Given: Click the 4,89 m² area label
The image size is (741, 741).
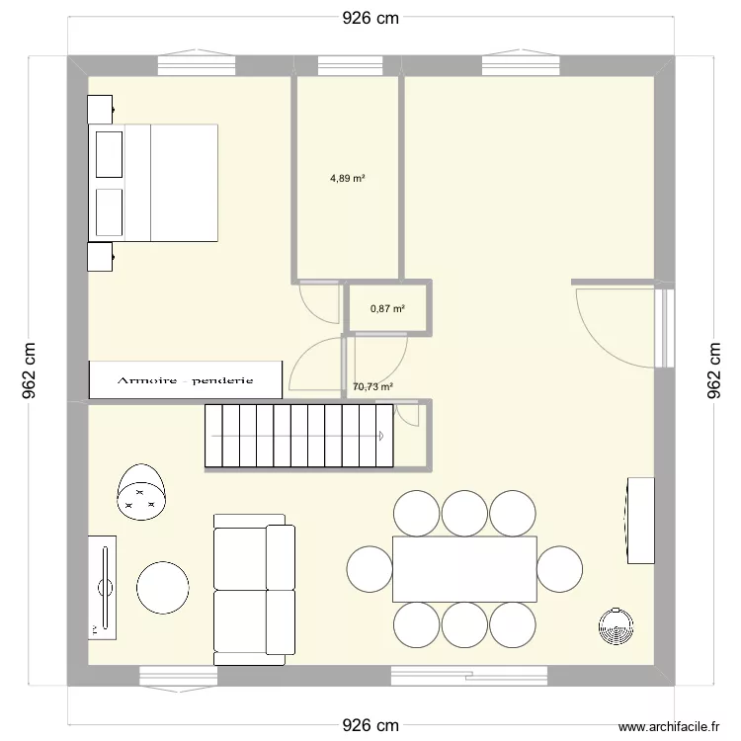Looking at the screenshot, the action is pyautogui.click(x=348, y=179).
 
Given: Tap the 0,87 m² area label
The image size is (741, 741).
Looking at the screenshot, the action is pyautogui.click(x=387, y=309).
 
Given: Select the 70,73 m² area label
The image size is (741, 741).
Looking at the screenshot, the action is pyautogui.click(x=372, y=387).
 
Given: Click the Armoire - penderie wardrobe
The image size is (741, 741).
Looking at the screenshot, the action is pyautogui.click(x=186, y=380).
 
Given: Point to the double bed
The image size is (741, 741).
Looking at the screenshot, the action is pyautogui.click(x=153, y=183).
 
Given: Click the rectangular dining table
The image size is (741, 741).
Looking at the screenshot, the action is pyautogui.click(x=464, y=569).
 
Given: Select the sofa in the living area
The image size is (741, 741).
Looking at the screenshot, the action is pyautogui.click(x=254, y=590).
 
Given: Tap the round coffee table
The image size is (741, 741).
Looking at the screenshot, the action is pyautogui.click(x=163, y=588).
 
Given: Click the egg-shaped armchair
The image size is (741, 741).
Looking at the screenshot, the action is pyautogui.click(x=141, y=491).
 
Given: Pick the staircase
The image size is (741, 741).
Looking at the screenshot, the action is pyautogui.click(x=299, y=436).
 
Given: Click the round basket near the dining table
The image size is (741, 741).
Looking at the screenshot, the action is pyautogui.click(x=616, y=625).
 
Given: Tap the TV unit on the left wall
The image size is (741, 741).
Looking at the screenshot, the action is pyautogui.click(x=102, y=588).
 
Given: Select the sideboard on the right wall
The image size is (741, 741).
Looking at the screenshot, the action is pyautogui.click(x=641, y=521).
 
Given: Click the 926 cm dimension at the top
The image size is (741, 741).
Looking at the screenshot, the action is pyautogui.click(x=370, y=18).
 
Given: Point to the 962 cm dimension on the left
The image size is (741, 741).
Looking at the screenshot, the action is pyautogui.click(x=29, y=370).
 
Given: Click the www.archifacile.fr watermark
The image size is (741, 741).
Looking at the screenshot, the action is pyautogui.click(x=669, y=726).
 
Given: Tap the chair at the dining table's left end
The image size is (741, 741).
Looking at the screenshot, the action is pyautogui.click(x=370, y=569).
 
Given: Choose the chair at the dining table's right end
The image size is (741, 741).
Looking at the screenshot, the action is pyautogui.click(x=559, y=569).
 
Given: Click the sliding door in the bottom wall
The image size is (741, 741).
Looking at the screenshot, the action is pyautogui.click(x=469, y=676).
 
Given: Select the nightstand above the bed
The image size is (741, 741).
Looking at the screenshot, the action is pyautogui.click(x=100, y=110).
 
